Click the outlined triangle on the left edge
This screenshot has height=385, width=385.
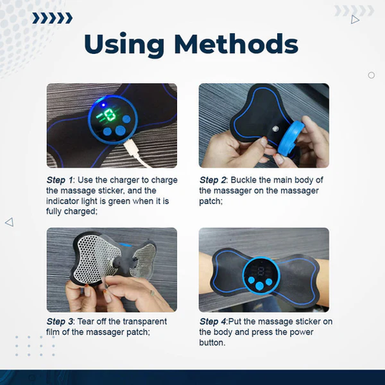coord(9,222)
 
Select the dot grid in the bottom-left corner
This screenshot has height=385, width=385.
coord(35,346)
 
